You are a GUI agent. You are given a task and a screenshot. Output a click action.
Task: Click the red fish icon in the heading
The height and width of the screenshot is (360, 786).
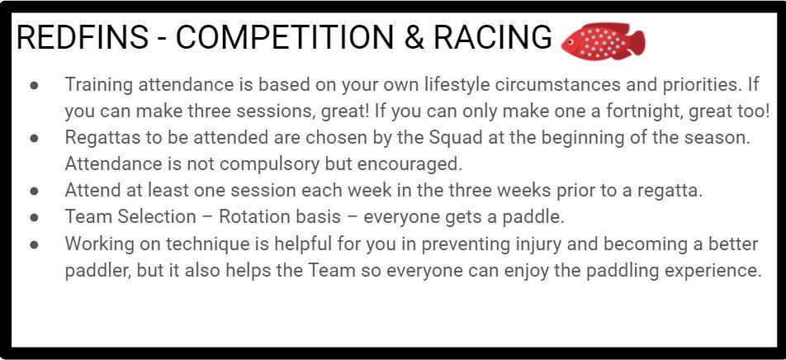603,41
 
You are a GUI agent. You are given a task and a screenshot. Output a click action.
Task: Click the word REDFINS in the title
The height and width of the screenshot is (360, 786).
83,38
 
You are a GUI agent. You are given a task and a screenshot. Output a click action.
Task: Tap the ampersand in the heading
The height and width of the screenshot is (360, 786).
414,38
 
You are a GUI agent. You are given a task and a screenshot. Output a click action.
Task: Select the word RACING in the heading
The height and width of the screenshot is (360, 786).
492,38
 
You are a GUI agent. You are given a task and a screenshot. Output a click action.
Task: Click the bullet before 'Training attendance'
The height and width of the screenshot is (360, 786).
34,85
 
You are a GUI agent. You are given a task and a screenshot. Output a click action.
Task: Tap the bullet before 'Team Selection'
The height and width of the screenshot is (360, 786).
34,218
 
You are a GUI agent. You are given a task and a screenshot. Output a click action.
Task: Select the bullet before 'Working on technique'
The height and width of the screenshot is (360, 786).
34,244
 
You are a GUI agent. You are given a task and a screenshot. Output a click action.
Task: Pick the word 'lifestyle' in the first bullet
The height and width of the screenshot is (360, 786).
455,85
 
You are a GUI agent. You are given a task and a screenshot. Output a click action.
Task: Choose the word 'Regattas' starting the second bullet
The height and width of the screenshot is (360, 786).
101,138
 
